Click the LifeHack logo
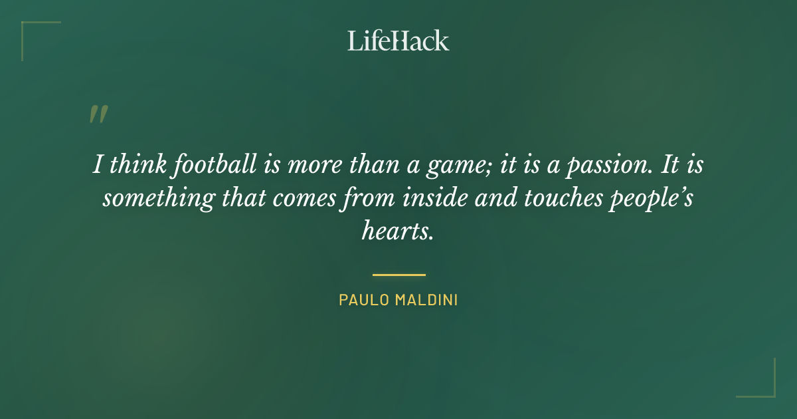click(398, 41)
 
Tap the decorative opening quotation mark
click(98, 114)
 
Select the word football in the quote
click(211, 165)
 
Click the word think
click(138, 165)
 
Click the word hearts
click(398, 231)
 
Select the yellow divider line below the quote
click(398, 274)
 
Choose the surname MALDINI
click(427, 300)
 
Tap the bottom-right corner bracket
click(764, 386)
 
